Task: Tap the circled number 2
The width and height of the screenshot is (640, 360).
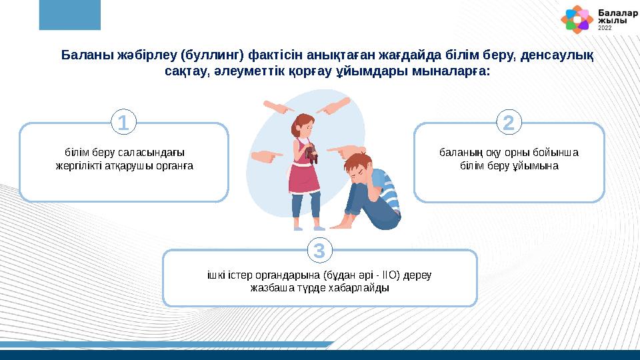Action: tap(509, 123)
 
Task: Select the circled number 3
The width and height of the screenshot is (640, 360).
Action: tap(319, 251)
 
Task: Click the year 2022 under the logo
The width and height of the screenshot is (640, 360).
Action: tap(604, 29)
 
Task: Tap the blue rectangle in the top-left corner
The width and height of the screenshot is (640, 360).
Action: tap(69, 15)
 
